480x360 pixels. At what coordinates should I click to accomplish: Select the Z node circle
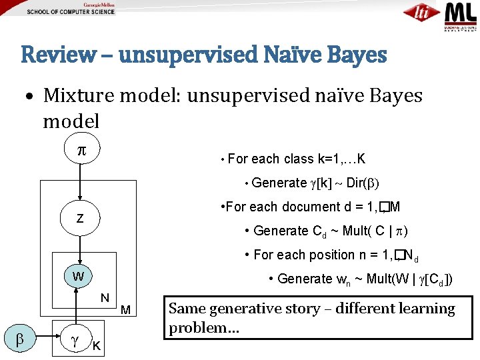tap(80, 218)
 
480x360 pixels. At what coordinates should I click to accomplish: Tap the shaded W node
tap(79, 276)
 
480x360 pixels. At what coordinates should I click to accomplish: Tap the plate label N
tap(105, 297)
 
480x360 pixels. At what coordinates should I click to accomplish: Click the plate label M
tap(126, 309)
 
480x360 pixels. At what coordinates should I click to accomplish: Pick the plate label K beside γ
tap(97, 345)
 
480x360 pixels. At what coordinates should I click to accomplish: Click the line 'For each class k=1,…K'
tap(296, 159)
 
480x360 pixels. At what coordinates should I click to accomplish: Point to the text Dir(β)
tap(363, 183)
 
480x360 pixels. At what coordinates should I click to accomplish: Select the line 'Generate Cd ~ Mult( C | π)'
tap(331, 231)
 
